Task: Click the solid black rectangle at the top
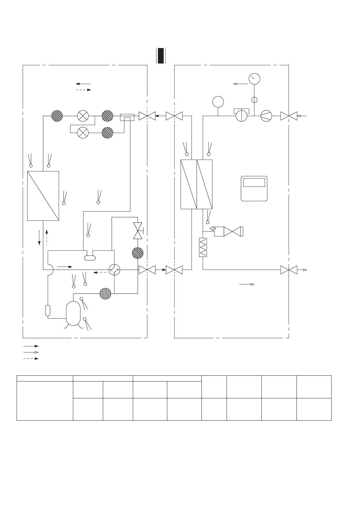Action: pyautogui.click(x=161, y=56)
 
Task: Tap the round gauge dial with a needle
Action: pyautogui.click(x=254, y=79)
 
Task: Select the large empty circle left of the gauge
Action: pyautogui.click(x=218, y=102)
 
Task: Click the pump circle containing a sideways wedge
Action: pyautogui.click(x=266, y=116)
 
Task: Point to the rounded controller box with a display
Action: pyautogui.click(x=254, y=188)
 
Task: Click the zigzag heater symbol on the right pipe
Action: pyautogui.click(x=203, y=247)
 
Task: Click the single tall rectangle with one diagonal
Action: pyautogui.click(x=43, y=196)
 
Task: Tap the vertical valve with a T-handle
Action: pyautogui.click(x=138, y=231)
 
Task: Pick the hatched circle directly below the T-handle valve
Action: pyautogui.click(x=138, y=253)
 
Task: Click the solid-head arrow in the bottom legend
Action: pyautogui.click(x=31, y=346)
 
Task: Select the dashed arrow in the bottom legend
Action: pyautogui.click(x=31, y=358)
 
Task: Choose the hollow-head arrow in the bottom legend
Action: pyautogui.click(x=31, y=352)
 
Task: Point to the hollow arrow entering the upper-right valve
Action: pyautogui.click(x=303, y=116)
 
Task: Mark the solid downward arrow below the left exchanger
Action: pyautogui.click(x=39, y=238)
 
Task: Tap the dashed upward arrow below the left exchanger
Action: pyautogui.click(x=47, y=237)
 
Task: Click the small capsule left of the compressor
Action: pyautogui.click(x=48, y=310)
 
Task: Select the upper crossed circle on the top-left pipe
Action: pyautogui.click(x=83, y=116)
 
